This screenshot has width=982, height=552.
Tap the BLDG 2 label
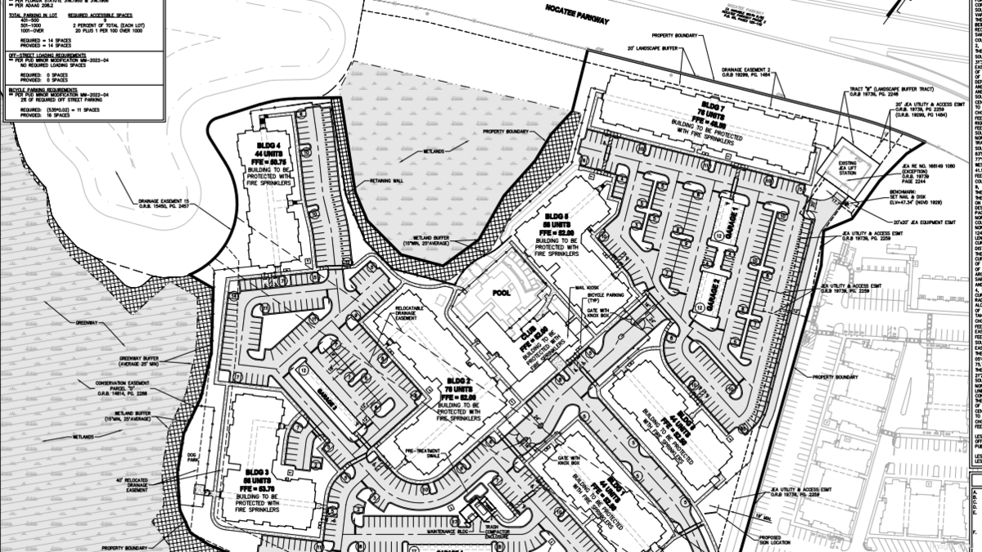[459, 381]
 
